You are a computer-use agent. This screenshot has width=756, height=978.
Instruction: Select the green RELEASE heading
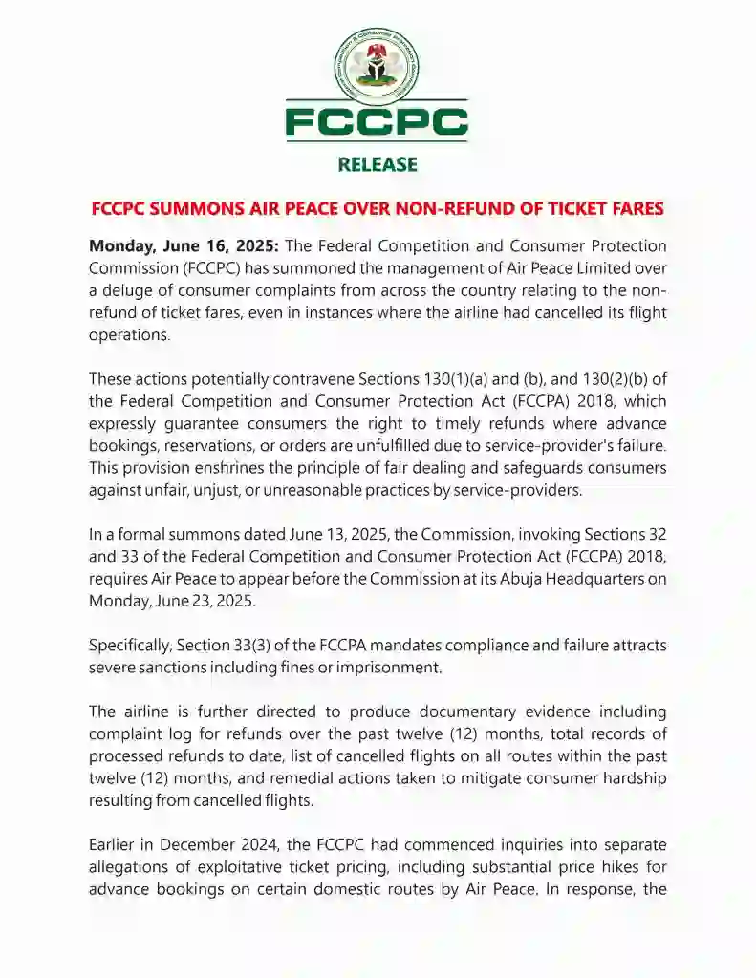click(378, 164)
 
